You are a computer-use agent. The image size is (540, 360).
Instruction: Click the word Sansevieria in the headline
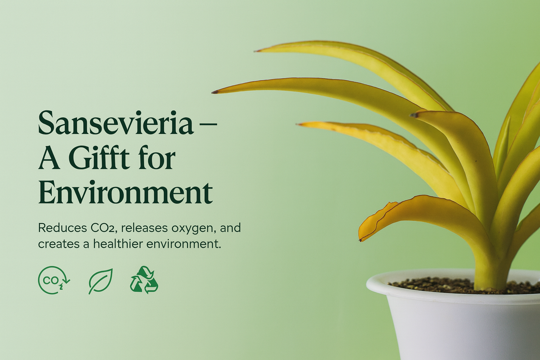click(116, 123)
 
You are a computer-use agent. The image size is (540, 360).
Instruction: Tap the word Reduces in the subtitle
click(62, 228)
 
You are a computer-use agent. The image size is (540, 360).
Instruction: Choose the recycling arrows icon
click(144, 280)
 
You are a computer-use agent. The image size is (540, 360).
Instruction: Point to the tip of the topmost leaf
click(255, 51)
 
